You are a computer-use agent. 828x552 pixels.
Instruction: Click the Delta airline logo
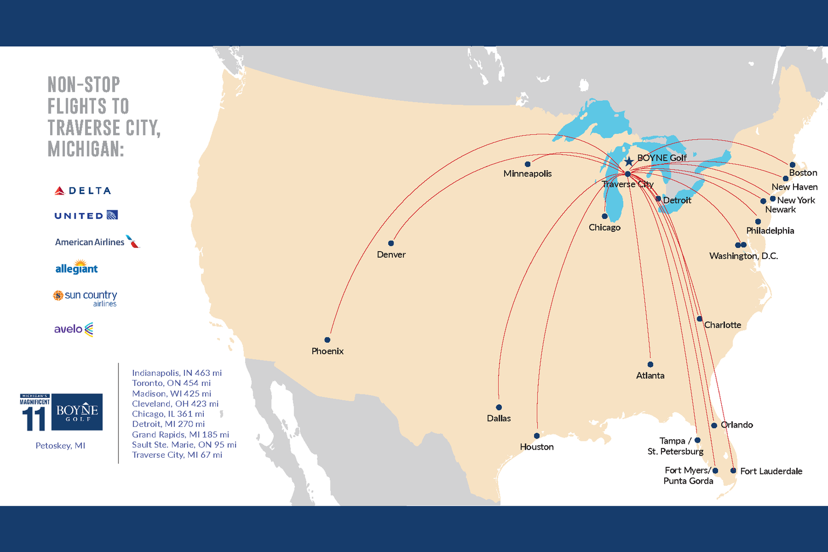click(83, 191)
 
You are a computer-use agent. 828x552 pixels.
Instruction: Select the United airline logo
click(86, 216)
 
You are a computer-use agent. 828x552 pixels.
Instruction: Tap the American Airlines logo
click(97, 242)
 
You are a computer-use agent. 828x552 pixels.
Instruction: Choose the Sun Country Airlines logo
click(85, 298)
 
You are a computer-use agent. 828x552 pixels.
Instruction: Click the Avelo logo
click(74, 329)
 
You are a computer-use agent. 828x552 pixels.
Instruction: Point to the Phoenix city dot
click(327, 340)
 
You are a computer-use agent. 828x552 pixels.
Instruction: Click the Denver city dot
click(391, 244)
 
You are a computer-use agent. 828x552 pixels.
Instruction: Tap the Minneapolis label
click(527, 174)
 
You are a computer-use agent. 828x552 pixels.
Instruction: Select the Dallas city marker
click(499, 408)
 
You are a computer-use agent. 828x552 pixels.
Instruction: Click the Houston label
click(536, 447)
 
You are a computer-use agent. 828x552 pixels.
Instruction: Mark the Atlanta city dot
click(650, 365)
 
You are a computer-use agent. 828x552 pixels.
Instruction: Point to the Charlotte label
click(722, 325)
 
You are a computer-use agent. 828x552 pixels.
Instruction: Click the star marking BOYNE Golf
click(629, 162)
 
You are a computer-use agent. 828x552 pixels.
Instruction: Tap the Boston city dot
click(792, 165)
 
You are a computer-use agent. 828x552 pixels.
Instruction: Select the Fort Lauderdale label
click(771, 471)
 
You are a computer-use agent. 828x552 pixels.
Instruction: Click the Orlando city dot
click(714, 425)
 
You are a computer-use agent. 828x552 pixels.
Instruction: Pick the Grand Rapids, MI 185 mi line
click(181, 434)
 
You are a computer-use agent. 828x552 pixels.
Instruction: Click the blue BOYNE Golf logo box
click(77, 412)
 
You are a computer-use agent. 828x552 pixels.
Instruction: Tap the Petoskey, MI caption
click(60, 446)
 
